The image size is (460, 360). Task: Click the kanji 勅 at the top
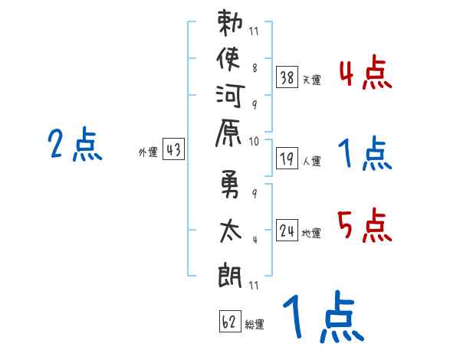click(231, 25)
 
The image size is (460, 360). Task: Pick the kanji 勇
click(231, 188)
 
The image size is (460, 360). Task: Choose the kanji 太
click(231, 230)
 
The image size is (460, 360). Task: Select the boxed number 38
click(287, 77)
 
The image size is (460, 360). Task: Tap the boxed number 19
click(287, 159)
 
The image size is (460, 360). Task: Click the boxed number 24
click(287, 230)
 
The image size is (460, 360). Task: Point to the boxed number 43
click(173, 150)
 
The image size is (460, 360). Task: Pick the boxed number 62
click(228, 321)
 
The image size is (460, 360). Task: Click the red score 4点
click(364, 75)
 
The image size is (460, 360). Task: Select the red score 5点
click(364, 227)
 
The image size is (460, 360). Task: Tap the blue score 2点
click(75, 146)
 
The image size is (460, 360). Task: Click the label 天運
click(312, 79)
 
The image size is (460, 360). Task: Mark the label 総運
click(255, 324)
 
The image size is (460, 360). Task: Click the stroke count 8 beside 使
click(255, 67)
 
